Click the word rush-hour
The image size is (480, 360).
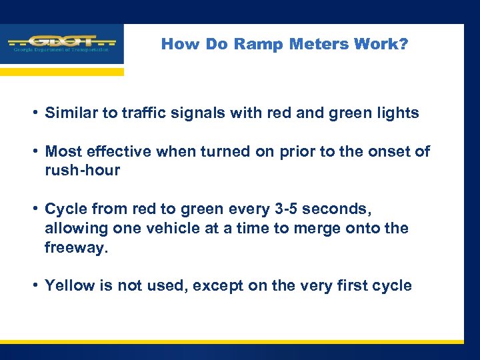pos(83,171)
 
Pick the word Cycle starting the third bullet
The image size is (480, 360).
pos(65,209)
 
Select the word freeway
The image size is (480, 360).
pos(74,247)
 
